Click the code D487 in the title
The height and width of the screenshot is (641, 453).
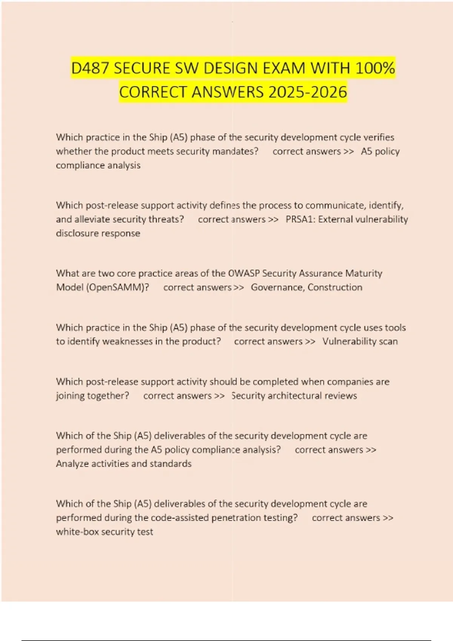[90, 68]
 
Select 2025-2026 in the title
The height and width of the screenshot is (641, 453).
[307, 92]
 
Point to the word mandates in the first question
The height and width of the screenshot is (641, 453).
[235, 151]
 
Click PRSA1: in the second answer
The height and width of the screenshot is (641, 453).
[300, 219]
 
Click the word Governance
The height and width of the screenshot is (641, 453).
[277, 287]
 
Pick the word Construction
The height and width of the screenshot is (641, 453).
[335, 287]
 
